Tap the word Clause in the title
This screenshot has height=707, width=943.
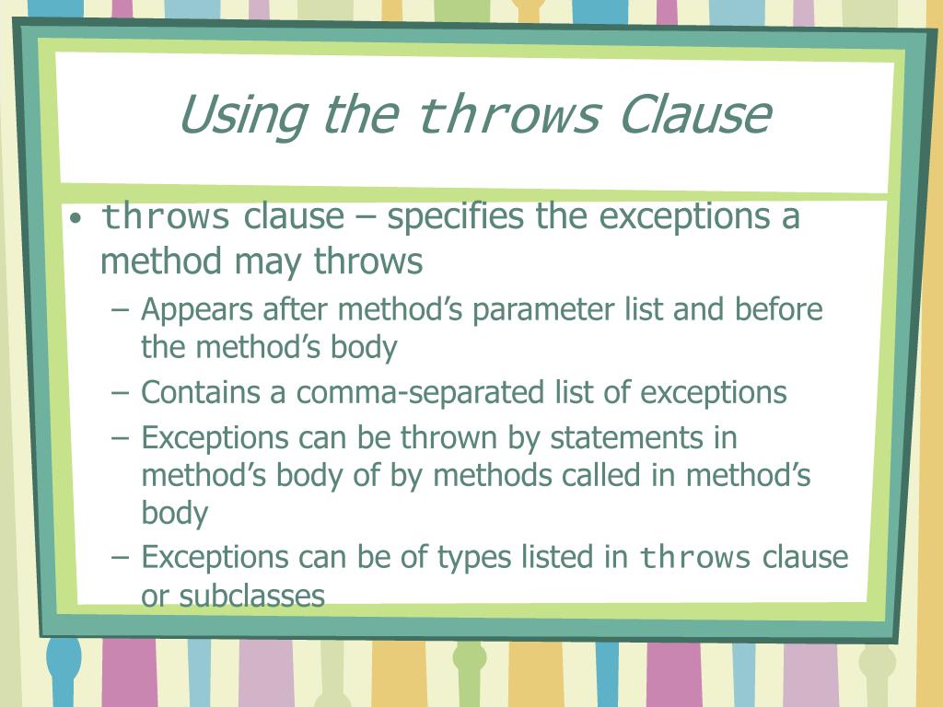(x=694, y=115)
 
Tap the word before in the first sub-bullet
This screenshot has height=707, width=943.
(x=778, y=309)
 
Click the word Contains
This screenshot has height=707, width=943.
(x=201, y=392)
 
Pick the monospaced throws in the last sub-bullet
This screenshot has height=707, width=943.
(x=695, y=558)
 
